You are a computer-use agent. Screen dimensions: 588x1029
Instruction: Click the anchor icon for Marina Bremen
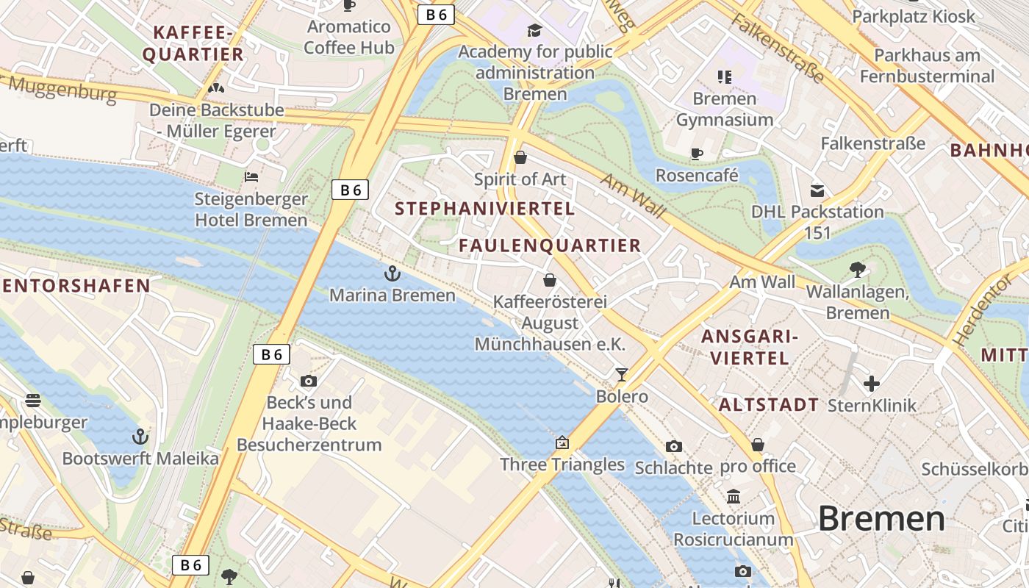(x=392, y=273)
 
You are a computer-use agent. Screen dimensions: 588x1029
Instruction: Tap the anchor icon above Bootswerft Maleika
(x=140, y=437)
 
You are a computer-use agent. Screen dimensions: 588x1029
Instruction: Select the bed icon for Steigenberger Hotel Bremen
(x=251, y=177)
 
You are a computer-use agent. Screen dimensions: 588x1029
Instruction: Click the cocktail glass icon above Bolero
(x=622, y=375)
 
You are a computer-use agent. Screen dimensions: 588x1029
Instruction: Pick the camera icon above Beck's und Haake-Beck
(x=309, y=381)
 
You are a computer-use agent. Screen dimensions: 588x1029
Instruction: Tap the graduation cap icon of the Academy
(x=534, y=30)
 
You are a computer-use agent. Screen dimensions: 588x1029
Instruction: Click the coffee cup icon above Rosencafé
(x=696, y=154)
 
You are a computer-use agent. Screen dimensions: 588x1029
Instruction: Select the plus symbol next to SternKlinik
(x=872, y=384)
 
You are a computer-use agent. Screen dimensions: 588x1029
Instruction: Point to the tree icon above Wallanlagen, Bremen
(x=857, y=270)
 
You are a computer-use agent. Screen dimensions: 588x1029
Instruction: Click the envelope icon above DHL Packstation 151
(x=817, y=191)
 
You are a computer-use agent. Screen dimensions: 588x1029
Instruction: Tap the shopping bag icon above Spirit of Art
(x=520, y=157)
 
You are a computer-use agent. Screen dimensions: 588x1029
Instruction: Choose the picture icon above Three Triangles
(x=562, y=442)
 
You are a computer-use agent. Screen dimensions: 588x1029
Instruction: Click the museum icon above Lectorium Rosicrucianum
(x=734, y=497)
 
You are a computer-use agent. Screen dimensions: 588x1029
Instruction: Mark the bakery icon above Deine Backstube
(x=215, y=88)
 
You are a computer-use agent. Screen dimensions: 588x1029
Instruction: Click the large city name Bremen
(x=881, y=518)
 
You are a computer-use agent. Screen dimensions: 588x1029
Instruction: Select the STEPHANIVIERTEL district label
(x=484, y=209)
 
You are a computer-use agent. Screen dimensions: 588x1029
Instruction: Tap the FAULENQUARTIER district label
(x=550, y=245)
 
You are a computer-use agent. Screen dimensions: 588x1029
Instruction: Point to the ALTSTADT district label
(x=768, y=405)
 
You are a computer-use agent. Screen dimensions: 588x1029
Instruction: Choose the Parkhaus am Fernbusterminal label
(x=927, y=65)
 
